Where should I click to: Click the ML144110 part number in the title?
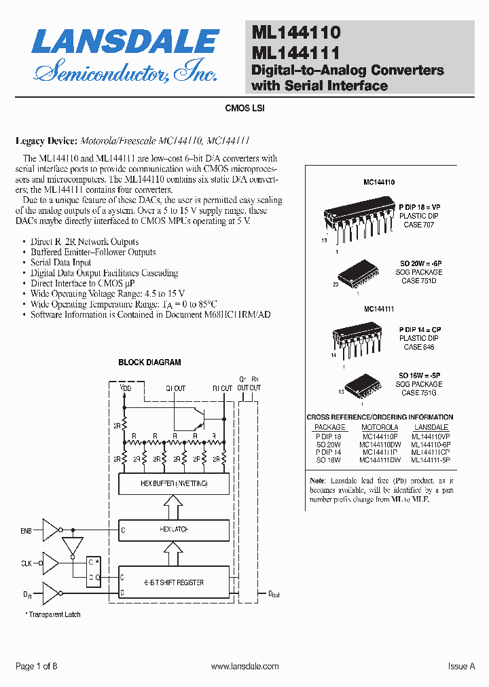(296, 32)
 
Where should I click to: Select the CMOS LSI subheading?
(244, 108)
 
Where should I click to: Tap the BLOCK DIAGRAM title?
(149, 363)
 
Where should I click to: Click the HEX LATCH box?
(173, 529)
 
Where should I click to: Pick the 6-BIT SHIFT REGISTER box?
(173, 582)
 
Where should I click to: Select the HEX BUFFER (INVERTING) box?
(173, 483)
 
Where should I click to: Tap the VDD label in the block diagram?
(126, 388)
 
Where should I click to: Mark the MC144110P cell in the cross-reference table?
(381, 436)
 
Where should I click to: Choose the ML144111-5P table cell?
(431, 460)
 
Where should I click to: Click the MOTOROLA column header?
(380, 427)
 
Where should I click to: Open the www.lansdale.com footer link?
(245, 667)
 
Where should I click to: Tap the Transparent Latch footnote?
(54, 614)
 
